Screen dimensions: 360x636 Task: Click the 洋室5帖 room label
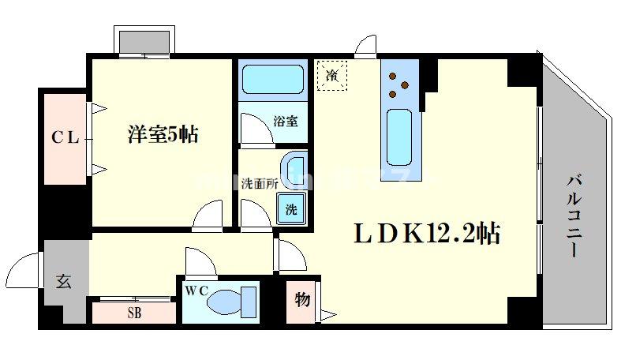(x=163, y=134)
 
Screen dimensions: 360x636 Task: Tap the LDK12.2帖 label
(x=425, y=233)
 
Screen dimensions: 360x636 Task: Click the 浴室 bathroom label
(x=285, y=122)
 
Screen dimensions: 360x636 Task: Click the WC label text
(x=196, y=290)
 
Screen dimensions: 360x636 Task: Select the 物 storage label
(x=301, y=300)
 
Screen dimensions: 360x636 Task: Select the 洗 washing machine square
(x=290, y=210)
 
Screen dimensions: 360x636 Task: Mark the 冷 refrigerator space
(x=332, y=77)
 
